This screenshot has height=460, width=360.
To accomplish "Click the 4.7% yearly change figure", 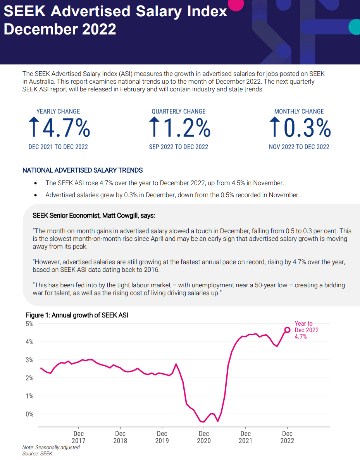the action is (x=66, y=128).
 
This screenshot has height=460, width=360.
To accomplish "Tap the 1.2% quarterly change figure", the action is (x=187, y=128).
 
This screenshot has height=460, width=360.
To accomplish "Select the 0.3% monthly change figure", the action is (x=307, y=128).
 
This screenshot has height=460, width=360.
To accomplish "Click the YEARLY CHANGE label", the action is (x=58, y=112).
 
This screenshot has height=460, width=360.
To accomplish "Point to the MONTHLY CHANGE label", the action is (x=299, y=112).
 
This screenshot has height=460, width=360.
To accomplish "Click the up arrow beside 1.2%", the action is (x=154, y=127).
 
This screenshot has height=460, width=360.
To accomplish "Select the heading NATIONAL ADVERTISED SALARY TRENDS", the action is (x=83, y=170).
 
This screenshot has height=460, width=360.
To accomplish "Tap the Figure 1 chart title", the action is (x=77, y=315).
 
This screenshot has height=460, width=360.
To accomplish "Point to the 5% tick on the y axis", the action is (x=29, y=324).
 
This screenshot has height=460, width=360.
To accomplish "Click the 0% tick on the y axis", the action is (x=29, y=414).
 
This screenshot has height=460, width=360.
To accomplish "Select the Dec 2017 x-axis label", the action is (x=79, y=437).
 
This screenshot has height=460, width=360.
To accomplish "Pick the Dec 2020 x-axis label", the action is (x=204, y=437).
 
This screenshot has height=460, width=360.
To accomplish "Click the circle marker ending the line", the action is (x=287, y=330).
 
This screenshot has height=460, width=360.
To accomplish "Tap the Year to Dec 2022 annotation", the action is (x=307, y=330).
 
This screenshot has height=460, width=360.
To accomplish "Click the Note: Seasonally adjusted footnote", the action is (x=52, y=447).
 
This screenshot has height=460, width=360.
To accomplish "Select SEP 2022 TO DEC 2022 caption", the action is (x=179, y=147).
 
